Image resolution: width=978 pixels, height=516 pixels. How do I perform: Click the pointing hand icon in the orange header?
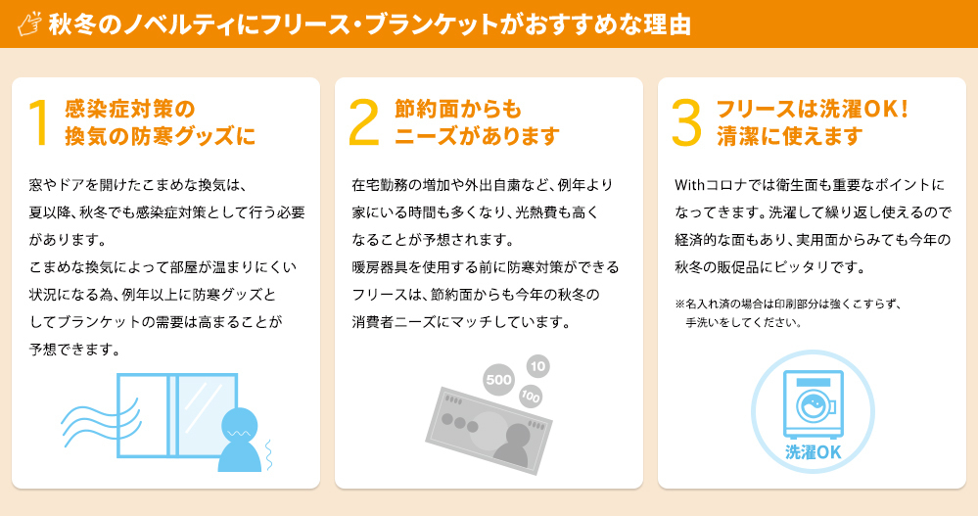[x=29, y=23]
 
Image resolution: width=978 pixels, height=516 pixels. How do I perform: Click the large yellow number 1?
[x=39, y=123]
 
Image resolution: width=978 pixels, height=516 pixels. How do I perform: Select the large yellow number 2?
[x=363, y=123]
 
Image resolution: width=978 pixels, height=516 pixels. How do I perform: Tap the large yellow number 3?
[x=686, y=123]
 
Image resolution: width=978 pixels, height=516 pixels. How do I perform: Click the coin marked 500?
[x=499, y=379]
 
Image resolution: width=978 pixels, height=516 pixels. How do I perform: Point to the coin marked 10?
[x=537, y=366]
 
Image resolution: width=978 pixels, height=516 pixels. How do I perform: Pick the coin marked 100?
[x=531, y=397]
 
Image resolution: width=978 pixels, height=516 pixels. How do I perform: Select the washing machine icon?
[x=813, y=405]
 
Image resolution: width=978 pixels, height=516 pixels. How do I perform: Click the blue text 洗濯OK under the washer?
[x=813, y=452]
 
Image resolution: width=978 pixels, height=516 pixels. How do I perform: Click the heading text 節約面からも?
[x=458, y=110]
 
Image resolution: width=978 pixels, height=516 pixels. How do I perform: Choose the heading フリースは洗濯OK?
[x=813, y=110]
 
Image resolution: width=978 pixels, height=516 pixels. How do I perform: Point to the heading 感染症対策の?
[x=130, y=110]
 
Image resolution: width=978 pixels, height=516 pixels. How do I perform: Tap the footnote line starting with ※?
[x=788, y=305]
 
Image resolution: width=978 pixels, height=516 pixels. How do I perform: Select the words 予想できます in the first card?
[x=74, y=350]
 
